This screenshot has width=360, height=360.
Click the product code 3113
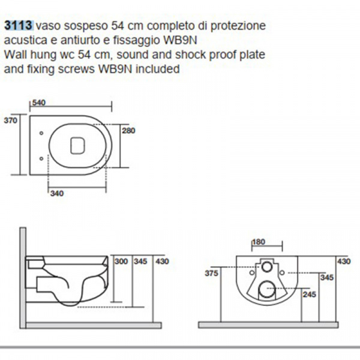19,25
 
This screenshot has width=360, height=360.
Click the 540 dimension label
39,103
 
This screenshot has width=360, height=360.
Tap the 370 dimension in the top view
10,121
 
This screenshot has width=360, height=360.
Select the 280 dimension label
128,130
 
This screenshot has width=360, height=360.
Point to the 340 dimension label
57,193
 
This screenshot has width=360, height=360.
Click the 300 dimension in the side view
121,261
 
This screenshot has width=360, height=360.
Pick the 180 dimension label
259,242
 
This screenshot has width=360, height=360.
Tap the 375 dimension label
211,273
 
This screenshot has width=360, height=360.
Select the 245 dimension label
309,295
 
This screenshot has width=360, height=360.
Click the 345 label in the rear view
327,277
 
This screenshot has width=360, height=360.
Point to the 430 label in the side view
162,261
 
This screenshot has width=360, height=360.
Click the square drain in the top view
77,146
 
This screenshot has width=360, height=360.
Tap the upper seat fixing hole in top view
41,133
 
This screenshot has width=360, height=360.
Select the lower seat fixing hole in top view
41,158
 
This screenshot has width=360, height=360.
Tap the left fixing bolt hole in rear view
252,272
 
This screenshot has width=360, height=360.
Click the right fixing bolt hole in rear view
282,272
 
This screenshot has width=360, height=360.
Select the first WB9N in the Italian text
180,40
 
